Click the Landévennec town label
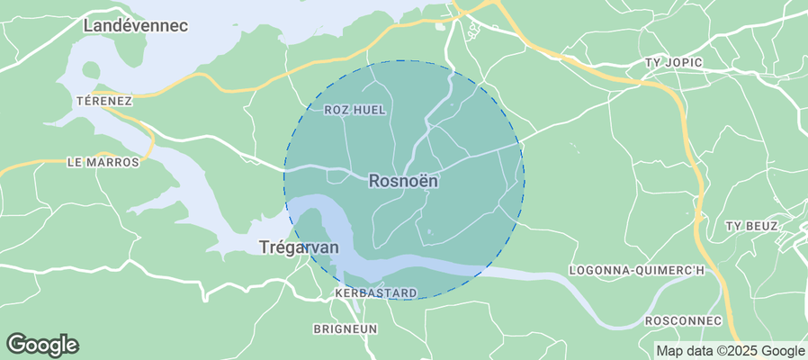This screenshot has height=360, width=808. point(135,26)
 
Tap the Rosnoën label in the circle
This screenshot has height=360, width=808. point(403,181)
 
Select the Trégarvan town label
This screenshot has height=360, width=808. point(299,247)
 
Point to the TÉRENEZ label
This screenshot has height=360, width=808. point(105,101)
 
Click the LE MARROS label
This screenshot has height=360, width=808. point(103,163)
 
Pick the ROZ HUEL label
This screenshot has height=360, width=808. point(355,110)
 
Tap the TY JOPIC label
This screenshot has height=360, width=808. point(674,62)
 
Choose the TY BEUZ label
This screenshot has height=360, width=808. point(751,226)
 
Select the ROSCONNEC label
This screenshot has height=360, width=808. point(684,321)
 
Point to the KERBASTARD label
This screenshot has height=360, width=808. point(375,293)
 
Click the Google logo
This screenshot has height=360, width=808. point(42,345)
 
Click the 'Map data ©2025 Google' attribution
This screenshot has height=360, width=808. point(730,351)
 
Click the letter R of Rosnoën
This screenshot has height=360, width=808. point(374,181)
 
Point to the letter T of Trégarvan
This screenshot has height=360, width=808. point(263,247)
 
